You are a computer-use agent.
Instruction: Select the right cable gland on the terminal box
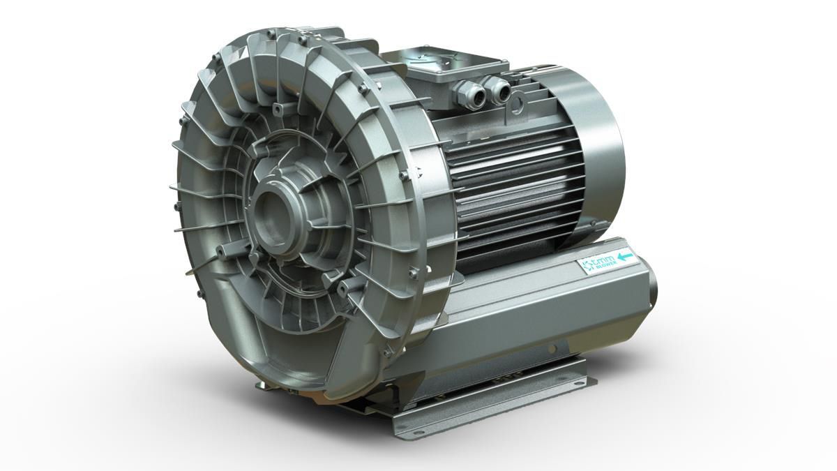[x=498, y=89]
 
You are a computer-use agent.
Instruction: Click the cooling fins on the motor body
[x=516, y=181]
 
